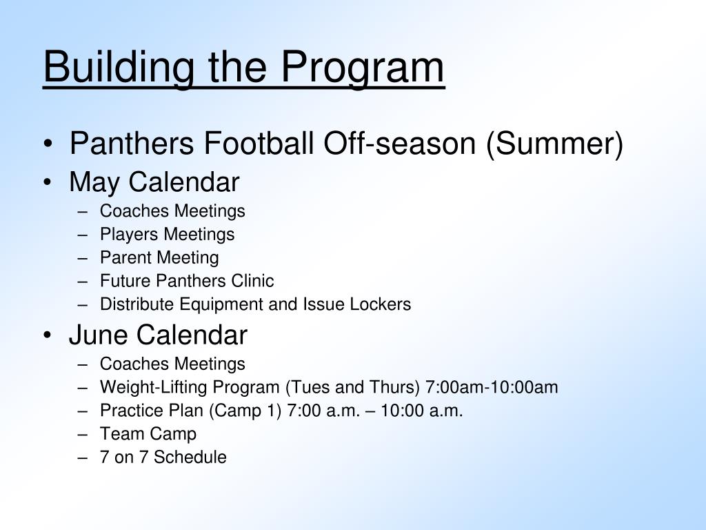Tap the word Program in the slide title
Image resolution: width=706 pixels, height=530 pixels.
click(x=363, y=67)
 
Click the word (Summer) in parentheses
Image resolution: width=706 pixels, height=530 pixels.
click(x=554, y=144)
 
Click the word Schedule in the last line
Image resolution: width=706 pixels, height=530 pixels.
click(x=190, y=457)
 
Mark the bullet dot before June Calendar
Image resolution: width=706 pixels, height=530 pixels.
click(x=48, y=336)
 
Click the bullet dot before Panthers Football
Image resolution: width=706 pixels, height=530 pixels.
click(x=48, y=144)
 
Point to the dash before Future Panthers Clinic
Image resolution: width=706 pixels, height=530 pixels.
click(x=83, y=282)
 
